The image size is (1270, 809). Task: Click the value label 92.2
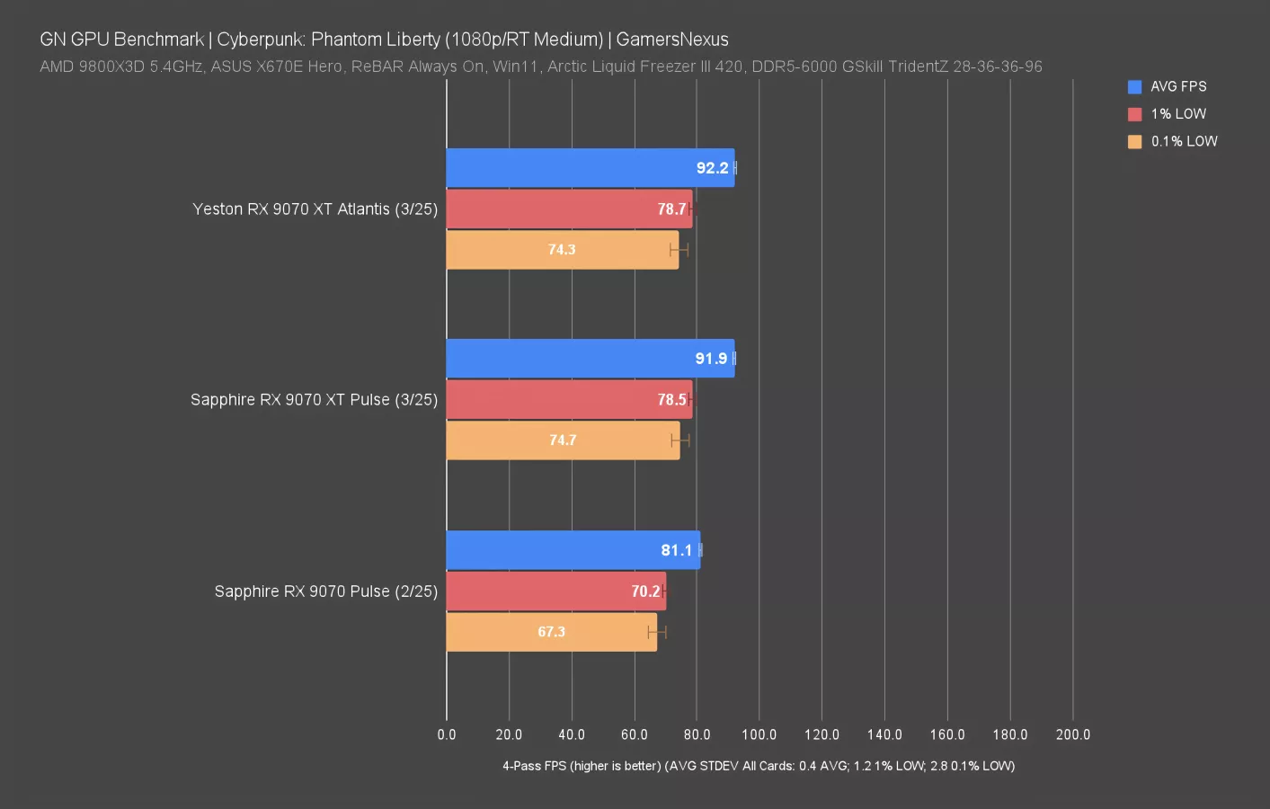[x=712, y=168]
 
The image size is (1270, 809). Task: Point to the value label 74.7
[x=563, y=440]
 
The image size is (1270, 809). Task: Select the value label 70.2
[x=645, y=591]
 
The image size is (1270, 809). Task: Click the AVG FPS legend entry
[x=1177, y=86]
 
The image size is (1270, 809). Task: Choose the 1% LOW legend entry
[x=1177, y=114]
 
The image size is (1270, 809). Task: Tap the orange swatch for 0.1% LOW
[x=1135, y=141]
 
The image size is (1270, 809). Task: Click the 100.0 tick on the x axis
[x=759, y=734]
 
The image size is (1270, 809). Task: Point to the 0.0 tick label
[x=447, y=734]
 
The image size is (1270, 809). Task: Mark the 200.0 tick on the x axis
[x=1072, y=734]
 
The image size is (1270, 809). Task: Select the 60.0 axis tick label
[x=634, y=734]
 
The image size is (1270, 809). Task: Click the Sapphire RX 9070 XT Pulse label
[x=314, y=399]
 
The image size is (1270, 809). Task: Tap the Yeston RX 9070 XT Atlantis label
[x=315, y=209]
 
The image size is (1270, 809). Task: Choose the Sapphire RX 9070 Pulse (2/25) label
[x=325, y=591]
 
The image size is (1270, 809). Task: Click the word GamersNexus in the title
[x=672, y=40]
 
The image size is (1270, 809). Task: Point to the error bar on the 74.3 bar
[x=679, y=250]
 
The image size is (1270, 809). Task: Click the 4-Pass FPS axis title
[x=758, y=766]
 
